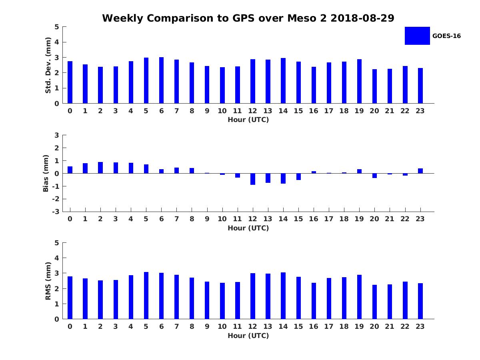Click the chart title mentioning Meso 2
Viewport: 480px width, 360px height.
[x=248, y=18]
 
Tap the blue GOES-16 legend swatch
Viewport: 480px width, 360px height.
[x=417, y=36]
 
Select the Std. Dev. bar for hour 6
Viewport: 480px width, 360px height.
[x=161, y=80]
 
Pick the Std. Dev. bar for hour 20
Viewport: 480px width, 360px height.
[x=374, y=86]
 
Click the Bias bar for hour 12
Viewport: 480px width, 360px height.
[x=253, y=179]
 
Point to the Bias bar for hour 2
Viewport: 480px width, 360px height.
[x=100, y=168]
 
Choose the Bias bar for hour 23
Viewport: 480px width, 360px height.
[x=420, y=171]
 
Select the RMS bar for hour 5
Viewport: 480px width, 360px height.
[x=146, y=296]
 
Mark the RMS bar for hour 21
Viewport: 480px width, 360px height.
[x=390, y=302]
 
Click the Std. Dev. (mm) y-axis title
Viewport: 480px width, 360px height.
[x=48, y=65]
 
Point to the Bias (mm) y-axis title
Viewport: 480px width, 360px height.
[x=46, y=173]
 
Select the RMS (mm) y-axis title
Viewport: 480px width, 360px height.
[x=48, y=281]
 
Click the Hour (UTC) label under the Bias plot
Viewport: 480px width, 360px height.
[x=248, y=228]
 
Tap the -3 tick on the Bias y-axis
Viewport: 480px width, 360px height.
[x=56, y=212]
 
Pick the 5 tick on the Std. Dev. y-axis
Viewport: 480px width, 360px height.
[x=57, y=27]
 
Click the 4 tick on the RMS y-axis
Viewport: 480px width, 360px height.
[x=57, y=258]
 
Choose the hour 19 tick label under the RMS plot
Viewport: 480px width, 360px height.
[x=359, y=326]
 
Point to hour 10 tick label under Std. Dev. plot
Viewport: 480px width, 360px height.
[x=222, y=111]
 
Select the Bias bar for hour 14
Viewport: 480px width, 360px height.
[x=283, y=178]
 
